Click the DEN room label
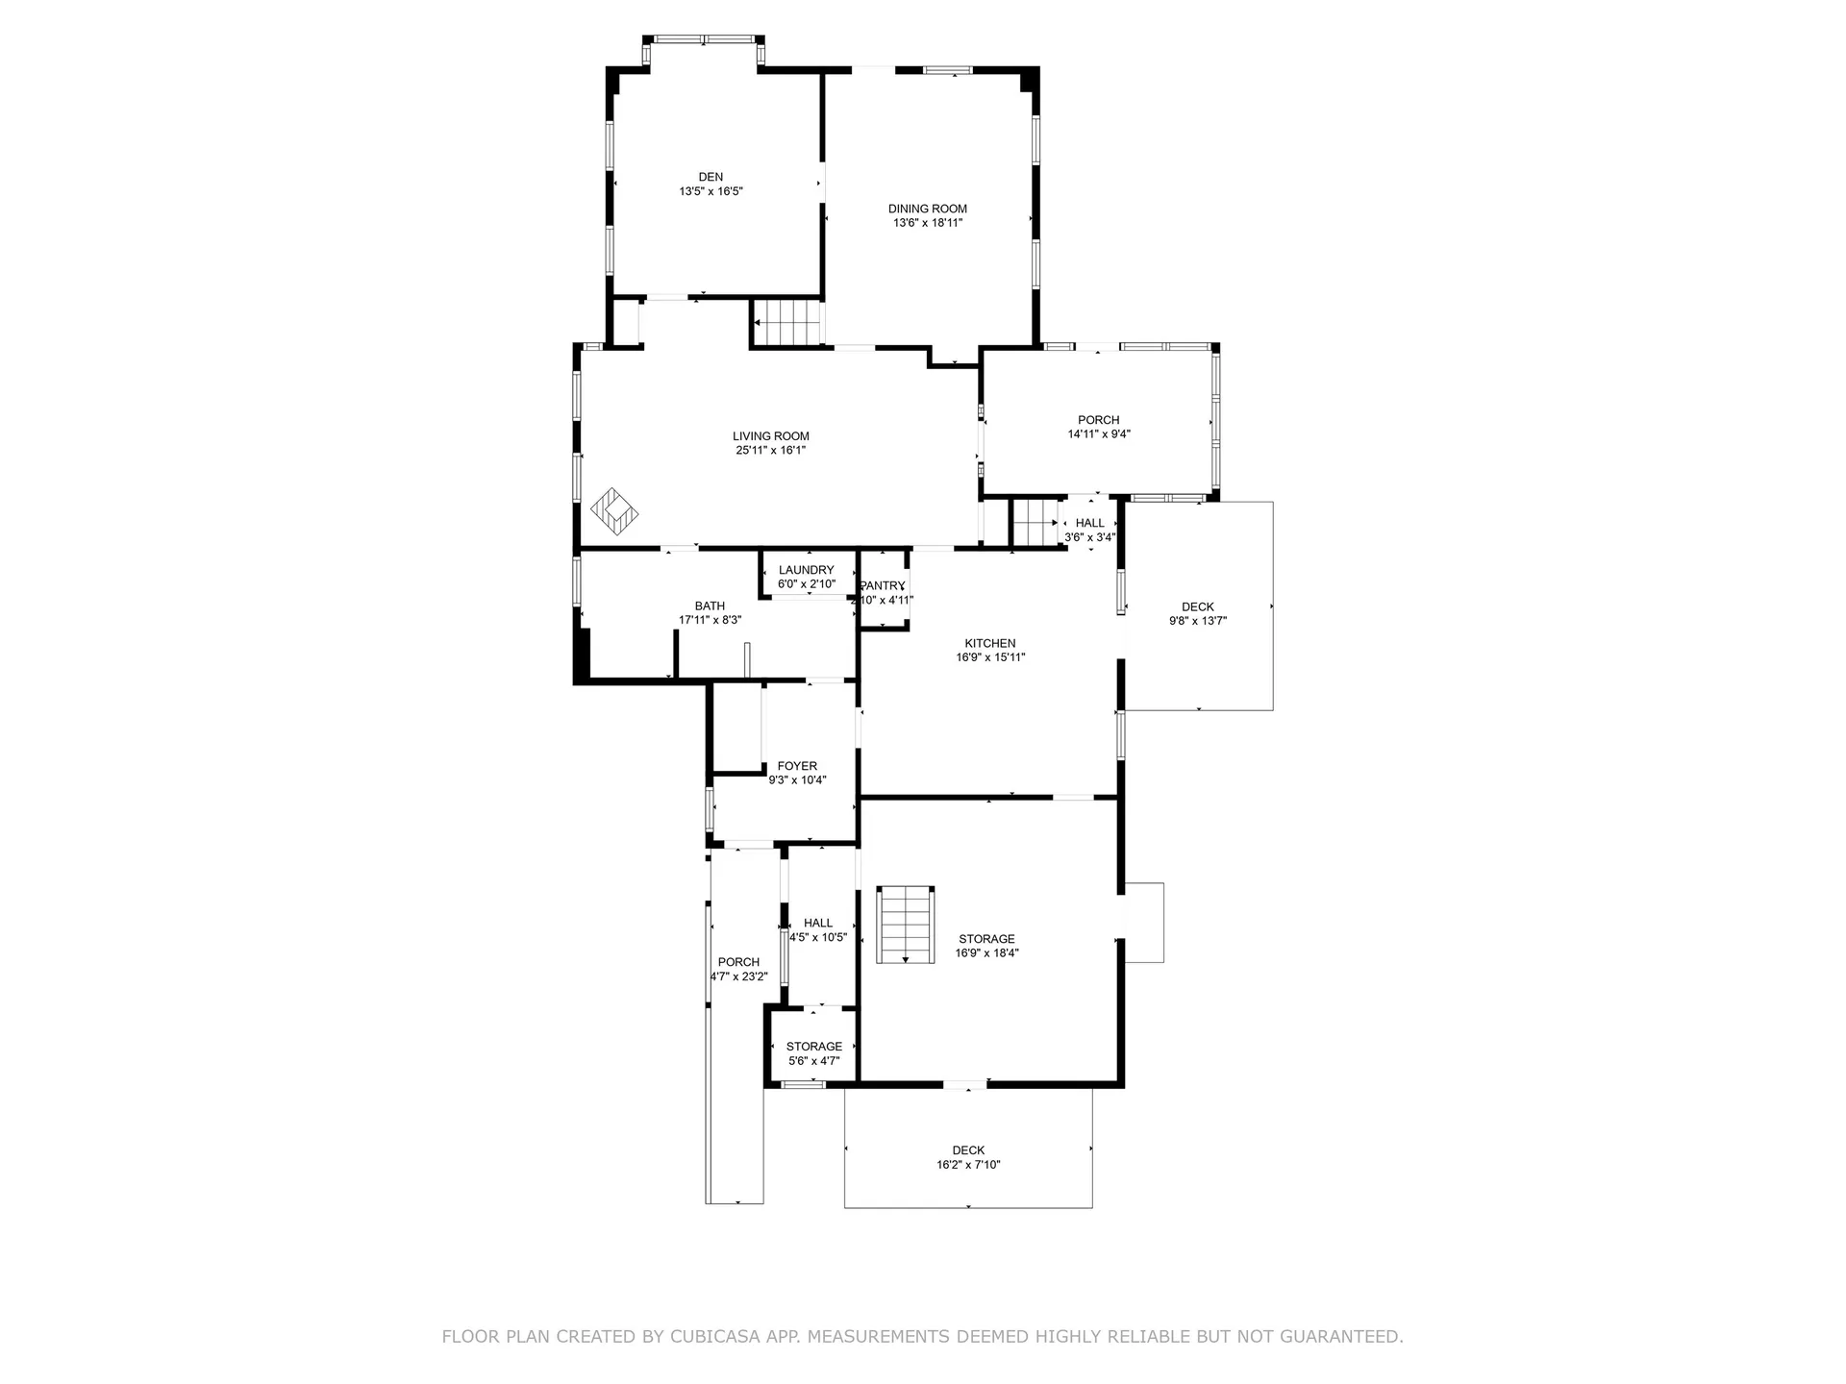711,177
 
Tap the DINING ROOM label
928,209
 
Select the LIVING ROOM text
771,436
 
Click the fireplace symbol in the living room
614,511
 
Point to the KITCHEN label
990,644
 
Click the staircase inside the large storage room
906,925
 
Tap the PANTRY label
883,586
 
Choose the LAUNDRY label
807,570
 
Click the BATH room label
710,606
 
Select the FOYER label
797,767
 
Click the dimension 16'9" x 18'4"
986,953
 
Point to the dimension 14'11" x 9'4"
1099,433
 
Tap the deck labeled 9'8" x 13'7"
1199,606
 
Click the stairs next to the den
787,322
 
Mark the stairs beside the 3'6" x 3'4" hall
1035,523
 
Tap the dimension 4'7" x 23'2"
739,976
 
